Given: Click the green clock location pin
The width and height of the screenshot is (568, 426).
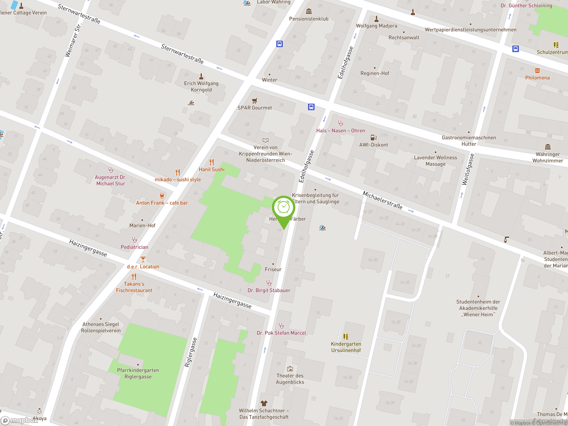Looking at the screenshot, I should pyautogui.click(x=284, y=208).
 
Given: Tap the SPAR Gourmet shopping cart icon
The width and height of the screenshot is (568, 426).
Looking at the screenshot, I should pyautogui.click(x=254, y=101).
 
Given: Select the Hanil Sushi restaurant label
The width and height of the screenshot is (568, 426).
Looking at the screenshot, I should pyautogui.click(x=212, y=170).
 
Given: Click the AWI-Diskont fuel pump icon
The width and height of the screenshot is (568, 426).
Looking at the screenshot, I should pyautogui.click(x=374, y=137).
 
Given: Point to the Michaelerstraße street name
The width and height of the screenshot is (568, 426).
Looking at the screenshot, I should pyautogui.click(x=382, y=200).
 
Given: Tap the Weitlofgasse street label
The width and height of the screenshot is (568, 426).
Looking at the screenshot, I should pyautogui.click(x=468, y=169).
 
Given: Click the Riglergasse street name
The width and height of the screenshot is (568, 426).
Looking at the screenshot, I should pyautogui.click(x=191, y=352).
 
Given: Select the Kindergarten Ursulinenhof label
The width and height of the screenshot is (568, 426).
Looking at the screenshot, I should pyautogui.click(x=346, y=347).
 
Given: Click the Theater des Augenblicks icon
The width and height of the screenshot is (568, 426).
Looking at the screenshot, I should pyautogui.click(x=290, y=369).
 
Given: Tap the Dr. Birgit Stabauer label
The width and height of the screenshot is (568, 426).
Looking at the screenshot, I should pyautogui.click(x=269, y=290).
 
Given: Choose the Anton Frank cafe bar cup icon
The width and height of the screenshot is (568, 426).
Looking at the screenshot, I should pyautogui.click(x=162, y=196).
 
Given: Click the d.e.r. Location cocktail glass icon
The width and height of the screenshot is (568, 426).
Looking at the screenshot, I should pyautogui.click(x=143, y=259).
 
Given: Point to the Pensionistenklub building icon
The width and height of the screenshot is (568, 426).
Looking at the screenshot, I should pyautogui.click(x=309, y=11).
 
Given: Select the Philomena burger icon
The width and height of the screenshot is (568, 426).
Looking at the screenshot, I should pyautogui.click(x=537, y=70).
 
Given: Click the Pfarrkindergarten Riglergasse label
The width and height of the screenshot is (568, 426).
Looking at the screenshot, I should pyautogui.click(x=138, y=374).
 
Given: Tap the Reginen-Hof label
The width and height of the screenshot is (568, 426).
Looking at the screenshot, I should pyautogui.click(x=375, y=73).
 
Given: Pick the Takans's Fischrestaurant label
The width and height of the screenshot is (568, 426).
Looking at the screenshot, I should pyautogui.click(x=134, y=287).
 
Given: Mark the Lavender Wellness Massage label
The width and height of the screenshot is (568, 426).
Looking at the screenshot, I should pyautogui.click(x=436, y=161).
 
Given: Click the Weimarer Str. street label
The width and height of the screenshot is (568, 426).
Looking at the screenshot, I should pyautogui.click(x=73, y=40).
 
